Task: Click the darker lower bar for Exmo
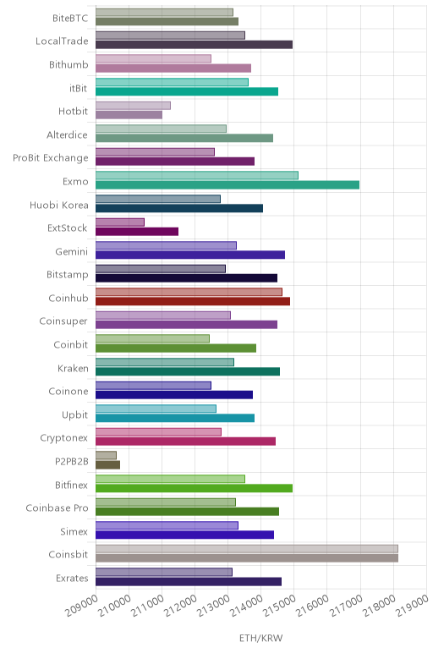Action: pos(227,185)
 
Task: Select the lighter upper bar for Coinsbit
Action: pos(247,549)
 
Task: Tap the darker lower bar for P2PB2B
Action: pos(108,464)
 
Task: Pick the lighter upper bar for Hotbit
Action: pos(134,106)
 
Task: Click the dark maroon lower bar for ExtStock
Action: pos(137,232)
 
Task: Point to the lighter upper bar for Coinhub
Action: pos(189,292)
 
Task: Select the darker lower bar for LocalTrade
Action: pos(194,45)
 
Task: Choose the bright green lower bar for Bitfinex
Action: pos(194,488)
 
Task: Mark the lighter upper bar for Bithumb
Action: pos(154,58)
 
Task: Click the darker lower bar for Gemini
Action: pos(190,255)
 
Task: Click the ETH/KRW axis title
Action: pos(261,638)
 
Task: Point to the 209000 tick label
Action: pos(81,606)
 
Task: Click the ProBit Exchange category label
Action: pos(51,158)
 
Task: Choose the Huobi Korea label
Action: pos(59,205)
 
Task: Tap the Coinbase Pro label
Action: pos(57,508)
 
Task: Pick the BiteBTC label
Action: pos(70,18)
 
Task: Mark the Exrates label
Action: pos(72,578)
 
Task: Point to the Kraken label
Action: pos(73,368)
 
